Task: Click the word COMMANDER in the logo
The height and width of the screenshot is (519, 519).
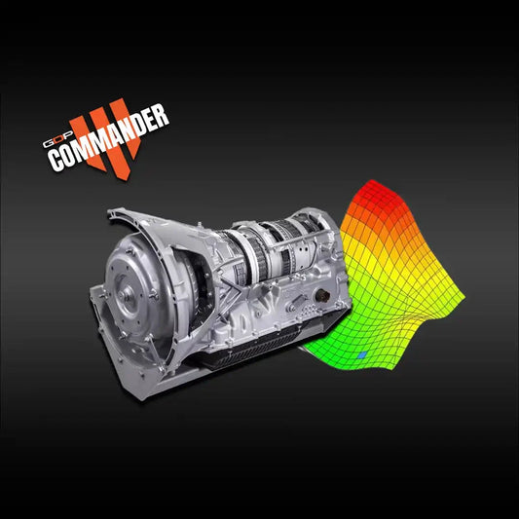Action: [x=109, y=139]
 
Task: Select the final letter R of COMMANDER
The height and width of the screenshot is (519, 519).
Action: [x=161, y=114]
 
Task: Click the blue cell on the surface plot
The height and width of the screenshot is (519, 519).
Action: [x=362, y=356]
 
